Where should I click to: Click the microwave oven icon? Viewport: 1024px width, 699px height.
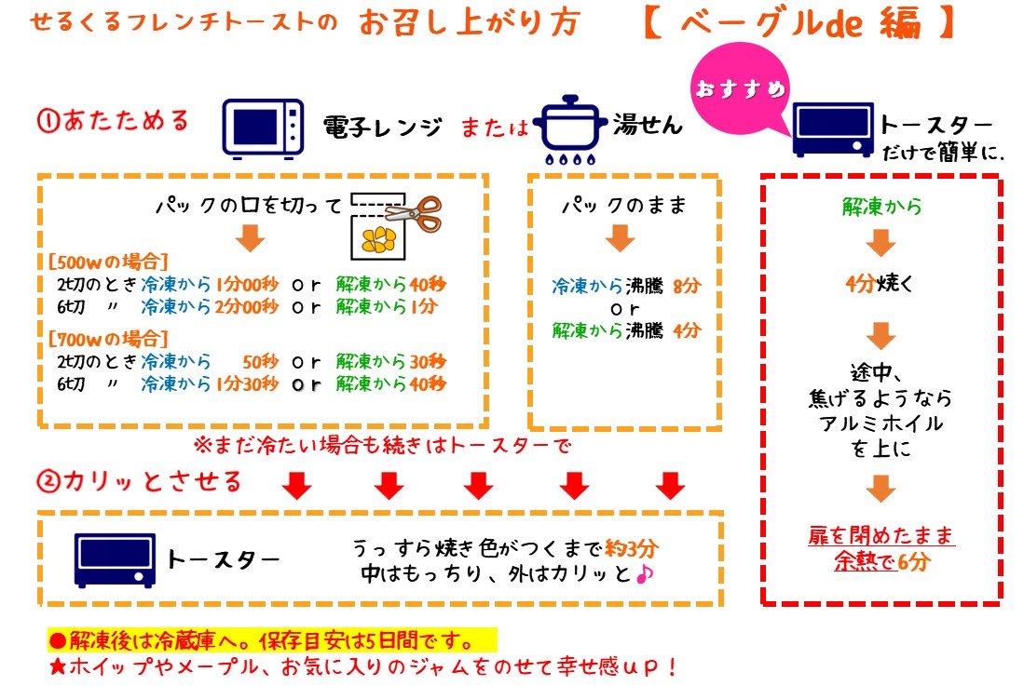pos(263,128)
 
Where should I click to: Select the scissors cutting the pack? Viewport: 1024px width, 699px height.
pos(415,213)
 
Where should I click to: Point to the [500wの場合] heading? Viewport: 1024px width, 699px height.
pos(108,262)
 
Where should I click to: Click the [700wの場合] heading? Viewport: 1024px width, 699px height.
pos(108,339)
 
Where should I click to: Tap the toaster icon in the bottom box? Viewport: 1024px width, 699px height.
pos(115,560)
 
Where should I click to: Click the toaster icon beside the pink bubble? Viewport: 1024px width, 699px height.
pos(833,129)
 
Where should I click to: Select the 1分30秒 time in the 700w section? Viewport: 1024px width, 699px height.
pos(247,383)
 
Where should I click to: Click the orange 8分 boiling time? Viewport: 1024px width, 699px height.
pos(687,285)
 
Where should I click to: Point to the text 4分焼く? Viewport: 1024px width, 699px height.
pos(879,283)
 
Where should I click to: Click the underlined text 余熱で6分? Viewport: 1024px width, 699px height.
pos(881,561)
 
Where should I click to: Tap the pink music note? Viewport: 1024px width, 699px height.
pos(645,573)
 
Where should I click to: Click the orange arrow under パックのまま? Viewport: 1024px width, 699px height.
pos(620,238)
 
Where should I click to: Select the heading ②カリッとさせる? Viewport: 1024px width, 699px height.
pos(139,481)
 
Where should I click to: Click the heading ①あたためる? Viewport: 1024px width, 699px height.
pos(113,121)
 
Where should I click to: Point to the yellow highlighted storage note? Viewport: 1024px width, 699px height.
pos(272,640)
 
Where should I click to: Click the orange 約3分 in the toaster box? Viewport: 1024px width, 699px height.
pos(631,548)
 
